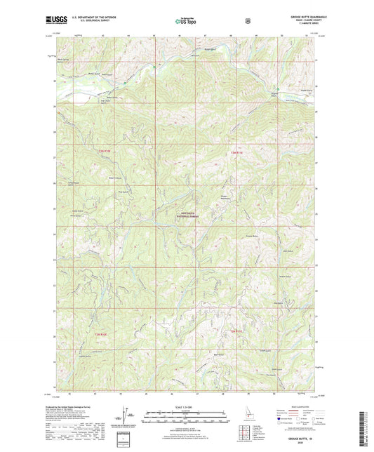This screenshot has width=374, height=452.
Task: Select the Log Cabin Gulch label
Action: (86, 100)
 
